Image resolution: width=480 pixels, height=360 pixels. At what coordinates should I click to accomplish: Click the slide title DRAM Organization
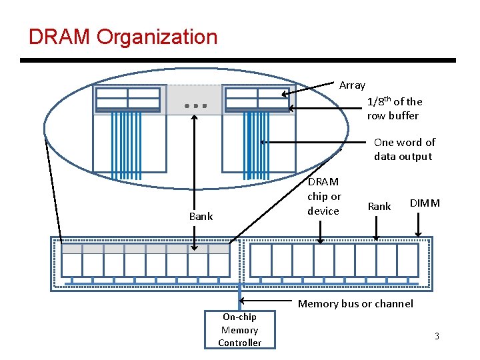pos(123,37)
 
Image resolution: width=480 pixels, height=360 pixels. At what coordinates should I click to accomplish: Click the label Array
pos(352,85)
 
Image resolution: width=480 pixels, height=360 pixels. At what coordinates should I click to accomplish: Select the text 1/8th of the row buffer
pos(394,109)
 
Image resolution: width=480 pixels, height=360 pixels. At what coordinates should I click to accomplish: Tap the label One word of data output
pos(403,149)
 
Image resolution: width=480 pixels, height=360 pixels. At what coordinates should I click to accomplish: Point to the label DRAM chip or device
pos(323,196)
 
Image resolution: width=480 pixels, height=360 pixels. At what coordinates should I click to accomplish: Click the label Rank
pos(379,207)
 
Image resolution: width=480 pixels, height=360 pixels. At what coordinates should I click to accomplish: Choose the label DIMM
pos(425,203)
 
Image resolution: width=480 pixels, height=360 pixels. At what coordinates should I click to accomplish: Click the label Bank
pos(201,216)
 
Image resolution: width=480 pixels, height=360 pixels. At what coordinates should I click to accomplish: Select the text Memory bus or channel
pos(355,304)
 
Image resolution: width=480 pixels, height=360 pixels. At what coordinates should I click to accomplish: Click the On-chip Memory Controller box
pos(239,330)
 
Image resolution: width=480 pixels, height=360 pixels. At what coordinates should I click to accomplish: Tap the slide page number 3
pos(437,336)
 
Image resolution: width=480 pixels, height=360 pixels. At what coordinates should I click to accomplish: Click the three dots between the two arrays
pos(196,105)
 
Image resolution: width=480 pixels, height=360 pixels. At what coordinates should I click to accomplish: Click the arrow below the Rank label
pos(377,227)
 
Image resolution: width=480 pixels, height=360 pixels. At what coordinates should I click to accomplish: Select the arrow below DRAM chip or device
pos(321,231)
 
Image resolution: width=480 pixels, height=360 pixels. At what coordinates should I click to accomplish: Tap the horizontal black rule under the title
pos(237,60)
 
